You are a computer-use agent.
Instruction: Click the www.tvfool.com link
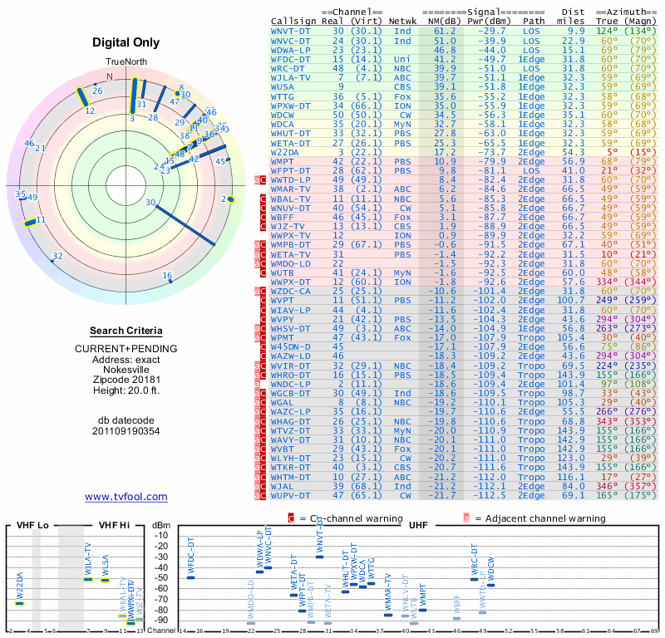[x=126, y=497]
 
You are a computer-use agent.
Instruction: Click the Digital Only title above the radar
[x=126, y=42]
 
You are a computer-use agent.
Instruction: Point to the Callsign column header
[x=293, y=21]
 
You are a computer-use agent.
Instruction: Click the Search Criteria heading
[x=126, y=330]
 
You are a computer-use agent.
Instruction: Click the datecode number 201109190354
[x=126, y=431]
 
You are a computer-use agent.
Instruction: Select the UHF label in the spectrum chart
[x=418, y=526]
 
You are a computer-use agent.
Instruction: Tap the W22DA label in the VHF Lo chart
[x=20, y=586]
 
